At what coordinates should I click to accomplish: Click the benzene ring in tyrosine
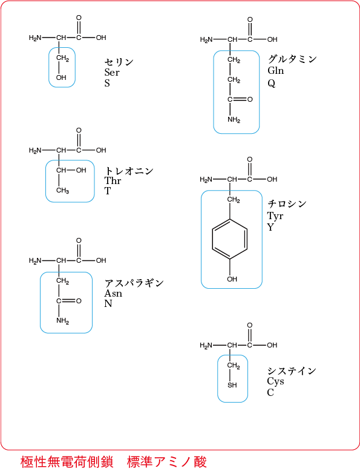click(212, 239)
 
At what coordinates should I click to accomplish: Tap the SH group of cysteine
click(232, 385)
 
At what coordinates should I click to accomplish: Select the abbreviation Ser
click(112, 73)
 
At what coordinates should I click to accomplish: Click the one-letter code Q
click(272, 83)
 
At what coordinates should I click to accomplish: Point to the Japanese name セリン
click(119, 62)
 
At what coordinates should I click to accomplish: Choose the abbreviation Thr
click(113, 180)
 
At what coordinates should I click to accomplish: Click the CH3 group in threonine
click(62, 191)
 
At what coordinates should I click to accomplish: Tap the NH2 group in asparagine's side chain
click(63, 321)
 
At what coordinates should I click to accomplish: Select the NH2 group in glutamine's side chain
click(234, 120)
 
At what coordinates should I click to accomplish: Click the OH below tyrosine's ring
click(232, 279)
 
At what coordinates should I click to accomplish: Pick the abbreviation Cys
click(275, 381)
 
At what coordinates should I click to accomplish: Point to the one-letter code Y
click(270, 227)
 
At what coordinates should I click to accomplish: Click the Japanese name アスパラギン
click(134, 283)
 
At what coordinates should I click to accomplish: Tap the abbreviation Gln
click(276, 71)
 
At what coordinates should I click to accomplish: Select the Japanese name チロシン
click(287, 204)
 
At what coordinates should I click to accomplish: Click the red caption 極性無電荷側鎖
click(67, 462)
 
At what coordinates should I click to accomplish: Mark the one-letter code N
click(108, 304)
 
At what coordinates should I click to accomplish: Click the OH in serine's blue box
click(61, 77)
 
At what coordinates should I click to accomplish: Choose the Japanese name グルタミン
click(292, 59)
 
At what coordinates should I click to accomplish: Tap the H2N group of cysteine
click(206, 346)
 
